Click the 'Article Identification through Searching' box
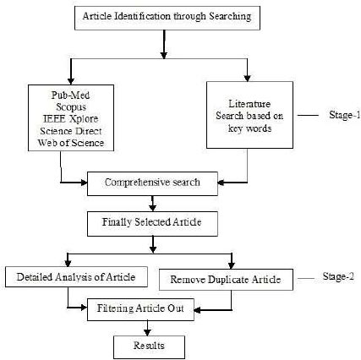click(167, 18)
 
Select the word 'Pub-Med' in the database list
click(70, 95)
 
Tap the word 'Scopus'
click(71, 107)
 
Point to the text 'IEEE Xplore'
click(71, 119)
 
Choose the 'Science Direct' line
click(71, 131)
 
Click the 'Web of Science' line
click(71, 143)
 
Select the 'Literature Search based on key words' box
click(249, 115)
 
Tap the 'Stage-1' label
click(345, 115)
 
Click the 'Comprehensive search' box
click(152, 183)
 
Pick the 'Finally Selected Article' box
click(152, 224)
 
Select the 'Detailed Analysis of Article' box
click(76, 277)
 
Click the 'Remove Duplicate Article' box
click(226, 280)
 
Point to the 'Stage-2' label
click(338, 276)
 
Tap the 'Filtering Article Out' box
click(140, 309)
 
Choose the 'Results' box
click(149, 346)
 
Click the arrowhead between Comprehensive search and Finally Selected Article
click(152, 208)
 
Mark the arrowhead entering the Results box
click(147, 331)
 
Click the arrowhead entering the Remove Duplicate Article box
click(232, 265)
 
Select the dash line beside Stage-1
click(308, 115)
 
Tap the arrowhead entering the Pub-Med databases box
click(71, 81)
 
